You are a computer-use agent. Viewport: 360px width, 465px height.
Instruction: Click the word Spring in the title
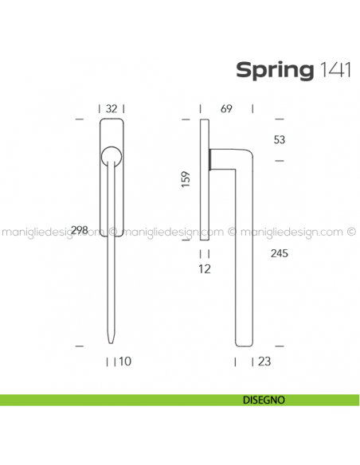tap(274, 70)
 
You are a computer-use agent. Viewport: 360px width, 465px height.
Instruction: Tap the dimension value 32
tap(112, 109)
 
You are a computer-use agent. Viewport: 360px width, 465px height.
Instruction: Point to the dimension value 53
tap(279, 140)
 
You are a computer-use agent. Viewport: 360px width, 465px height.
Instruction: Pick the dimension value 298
tap(79, 230)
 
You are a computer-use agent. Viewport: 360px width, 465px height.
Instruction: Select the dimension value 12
tap(205, 269)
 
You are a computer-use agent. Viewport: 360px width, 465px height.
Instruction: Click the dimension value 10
tap(124, 361)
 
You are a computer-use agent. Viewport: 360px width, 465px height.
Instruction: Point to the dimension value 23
tap(264, 361)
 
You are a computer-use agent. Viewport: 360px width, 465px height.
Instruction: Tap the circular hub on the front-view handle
tap(112, 154)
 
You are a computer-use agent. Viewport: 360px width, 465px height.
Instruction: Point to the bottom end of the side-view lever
tap(242, 343)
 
